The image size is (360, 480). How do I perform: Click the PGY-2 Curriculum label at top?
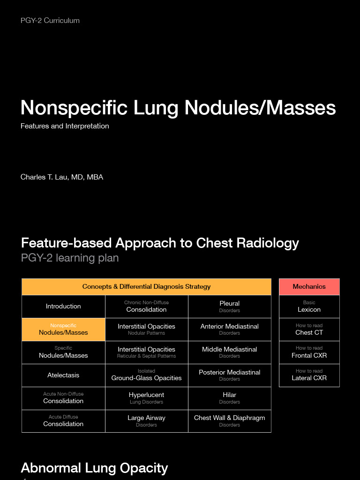pyautogui.click(x=50, y=21)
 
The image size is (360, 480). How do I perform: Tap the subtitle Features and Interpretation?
pyautogui.click(x=65, y=126)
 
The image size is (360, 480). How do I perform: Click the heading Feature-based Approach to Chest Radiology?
pyautogui.click(x=160, y=243)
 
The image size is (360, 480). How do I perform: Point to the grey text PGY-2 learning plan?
pyautogui.click(x=70, y=258)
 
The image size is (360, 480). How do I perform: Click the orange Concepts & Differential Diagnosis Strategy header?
pyautogui.click(x=146, y=287)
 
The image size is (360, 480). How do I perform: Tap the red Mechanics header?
pyautogui.click(x=309, y=287)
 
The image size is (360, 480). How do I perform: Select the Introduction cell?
pyautogui.click(x=63, y=307)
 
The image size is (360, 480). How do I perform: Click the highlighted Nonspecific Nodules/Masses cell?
pyautogui.click(x=63, y=330)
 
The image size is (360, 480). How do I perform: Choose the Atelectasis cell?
pyautogui.click(x=63, y=375)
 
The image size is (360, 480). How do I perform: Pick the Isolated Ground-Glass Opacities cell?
pyautogui.click(x=146, y=375)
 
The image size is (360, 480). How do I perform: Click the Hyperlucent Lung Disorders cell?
pyautogui.click(x=146, y=398)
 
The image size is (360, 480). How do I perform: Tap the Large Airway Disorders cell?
pyautogui.click(x=146, y=421)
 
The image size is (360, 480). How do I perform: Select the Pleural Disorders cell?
pyautogui.click(x=229, y=307)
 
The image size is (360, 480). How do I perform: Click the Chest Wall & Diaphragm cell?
pyautogui.click(x=229, y=421)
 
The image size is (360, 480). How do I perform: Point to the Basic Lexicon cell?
pyautogui.click(x=309, y=307)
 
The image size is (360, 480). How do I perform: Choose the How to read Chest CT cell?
pyautogui.click(x=309, y=330)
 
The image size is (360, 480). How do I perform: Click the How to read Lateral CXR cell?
pyautogui.click(x=309, y=375)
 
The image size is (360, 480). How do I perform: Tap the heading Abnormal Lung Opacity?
pyautogui.click(x=94, y=468)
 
